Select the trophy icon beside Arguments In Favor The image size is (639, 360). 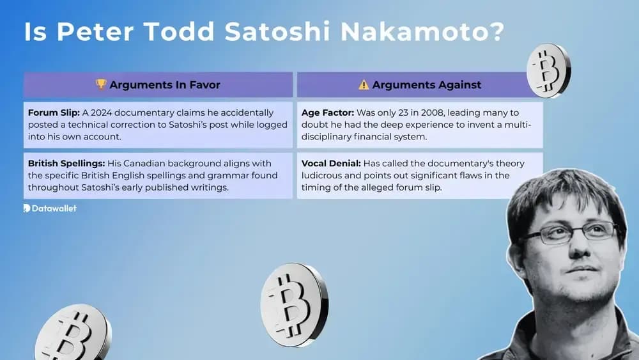pyautogui.click(x=101, y=84)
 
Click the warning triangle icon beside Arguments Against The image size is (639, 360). pyautogui.click(x=364, y=84)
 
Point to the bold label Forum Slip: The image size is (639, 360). pyautogui.click(x=53, y=113)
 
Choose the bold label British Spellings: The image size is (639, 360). pyautogui.click(x=66, y=164)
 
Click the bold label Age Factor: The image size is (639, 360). pyautogui.click(x=328, y=113)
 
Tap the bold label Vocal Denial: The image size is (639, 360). pyautogui.click(x=332, y=164)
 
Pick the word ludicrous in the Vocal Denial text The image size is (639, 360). pyautogui.click(x=326, y=175)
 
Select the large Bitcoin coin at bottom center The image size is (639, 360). pyautogui.click(x=294, y=304)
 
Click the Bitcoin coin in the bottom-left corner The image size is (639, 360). pyautogui.click(x=72, y=334)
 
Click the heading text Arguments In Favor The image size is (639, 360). pyautogui.click(x=164, y=84)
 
